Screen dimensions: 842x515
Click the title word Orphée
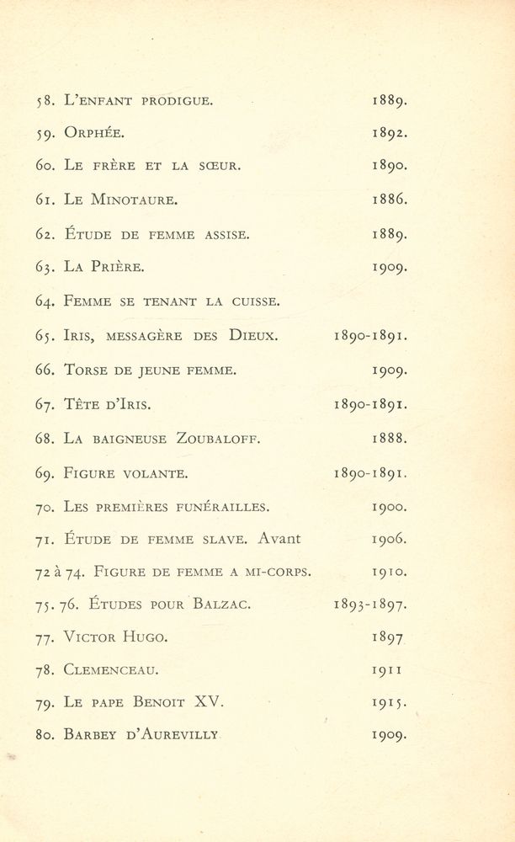[94, 133]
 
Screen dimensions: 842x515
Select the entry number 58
[45, 102]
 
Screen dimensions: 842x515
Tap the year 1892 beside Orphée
[390, 132]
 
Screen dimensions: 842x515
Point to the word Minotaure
[137, 200]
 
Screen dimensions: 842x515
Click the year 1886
[390, 200]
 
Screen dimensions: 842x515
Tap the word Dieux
[252, 335]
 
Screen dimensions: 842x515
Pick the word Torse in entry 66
[88, 370]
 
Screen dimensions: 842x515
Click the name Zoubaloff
[218, 438]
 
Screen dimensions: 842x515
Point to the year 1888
[390, 438]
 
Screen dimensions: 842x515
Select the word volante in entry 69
[156, 473]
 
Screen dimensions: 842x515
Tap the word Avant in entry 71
[279, 538]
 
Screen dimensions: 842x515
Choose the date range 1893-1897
[371, 604]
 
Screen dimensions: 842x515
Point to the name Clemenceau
[111, 671]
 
